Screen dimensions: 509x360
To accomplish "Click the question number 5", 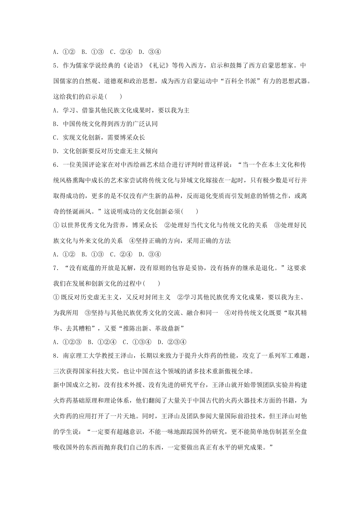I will click(x=55, y=66).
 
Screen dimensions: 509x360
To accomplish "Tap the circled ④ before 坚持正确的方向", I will click(x=132, y=240).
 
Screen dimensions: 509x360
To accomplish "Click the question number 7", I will click(x=55, y=268).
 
